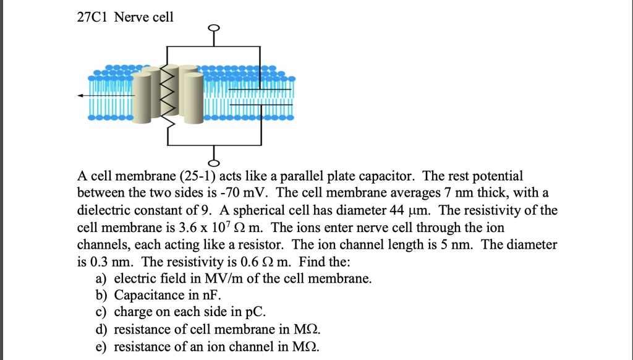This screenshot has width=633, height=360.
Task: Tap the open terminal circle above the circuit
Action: tap(214, 28)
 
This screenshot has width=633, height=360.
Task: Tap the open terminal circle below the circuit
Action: tap(214, 163)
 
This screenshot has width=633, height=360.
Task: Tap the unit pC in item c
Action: tap(258, 312)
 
